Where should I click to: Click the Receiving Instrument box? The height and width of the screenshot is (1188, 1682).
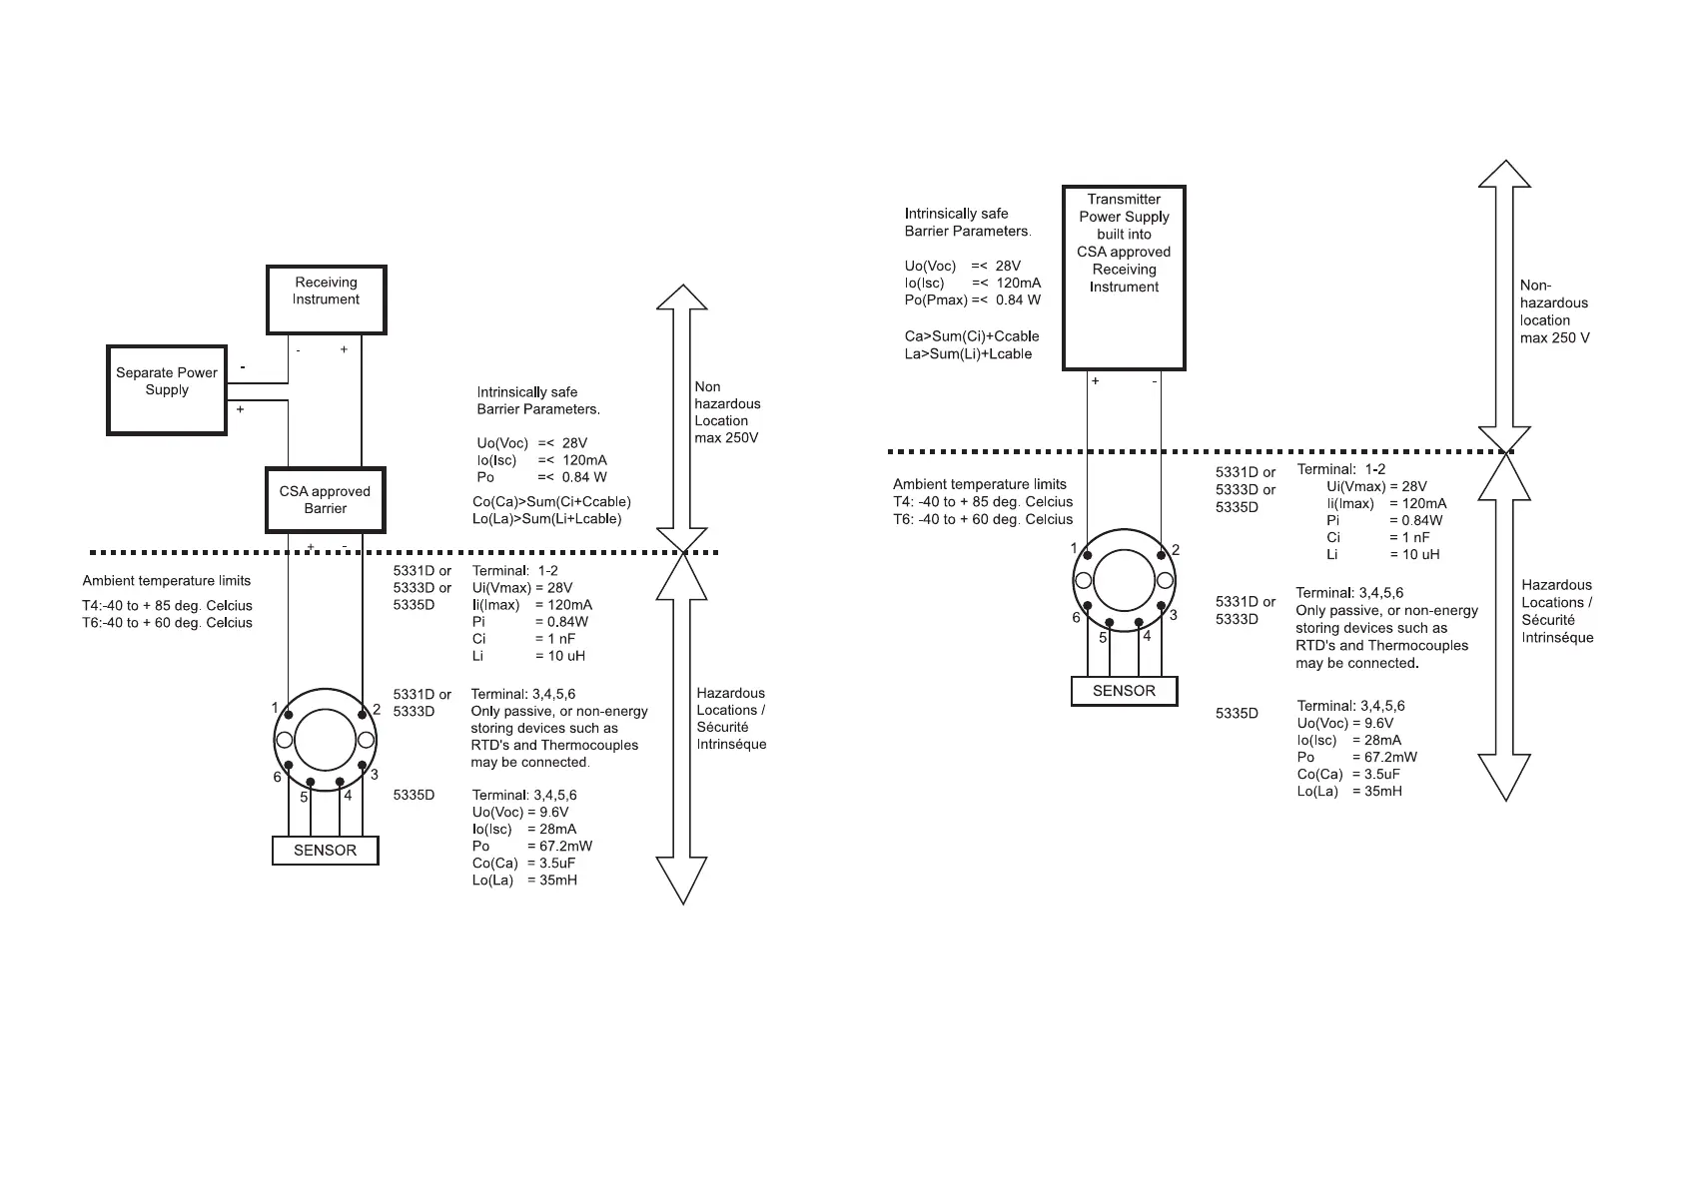pyautogui.click(x=326, y=299)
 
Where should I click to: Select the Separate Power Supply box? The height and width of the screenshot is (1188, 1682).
pyautogui.click(x=167, y=389)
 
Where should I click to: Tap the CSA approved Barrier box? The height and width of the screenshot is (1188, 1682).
pyautogui.click(x=325, y=500)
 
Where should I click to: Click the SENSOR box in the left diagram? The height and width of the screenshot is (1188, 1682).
pyautogui.click(x=325, y=851)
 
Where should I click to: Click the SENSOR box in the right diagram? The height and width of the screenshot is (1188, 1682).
pyautogui.click(x=1124, y=691)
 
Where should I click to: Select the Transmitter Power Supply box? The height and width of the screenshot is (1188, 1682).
pyautogui.click(x=1124, y=277)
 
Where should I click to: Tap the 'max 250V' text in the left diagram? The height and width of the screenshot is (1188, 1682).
pyautogui.click(x=726, y=437)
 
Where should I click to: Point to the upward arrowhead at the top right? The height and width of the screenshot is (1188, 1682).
pyautogui.click(x=1504, y=176)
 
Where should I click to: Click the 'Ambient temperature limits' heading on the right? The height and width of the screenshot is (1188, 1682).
pyautogui.click(x=979, y=484)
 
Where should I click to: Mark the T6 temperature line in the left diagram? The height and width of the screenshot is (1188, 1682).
pyautogui.click(x=167, y=623)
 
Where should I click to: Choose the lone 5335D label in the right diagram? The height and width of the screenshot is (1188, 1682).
pyautogui.click(x=1237, y=714)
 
